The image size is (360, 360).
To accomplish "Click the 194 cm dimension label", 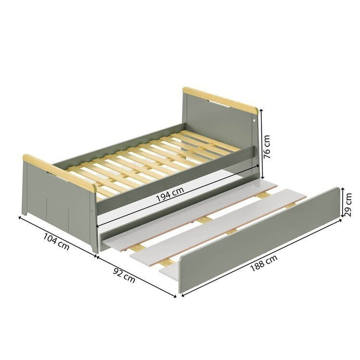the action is (x=170, y=194).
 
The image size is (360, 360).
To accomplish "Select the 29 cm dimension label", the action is (x=348, y=205).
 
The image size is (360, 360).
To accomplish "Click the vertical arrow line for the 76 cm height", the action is (x=261, y=144).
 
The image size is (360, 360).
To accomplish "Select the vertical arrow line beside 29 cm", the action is (x=342, y=202).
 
